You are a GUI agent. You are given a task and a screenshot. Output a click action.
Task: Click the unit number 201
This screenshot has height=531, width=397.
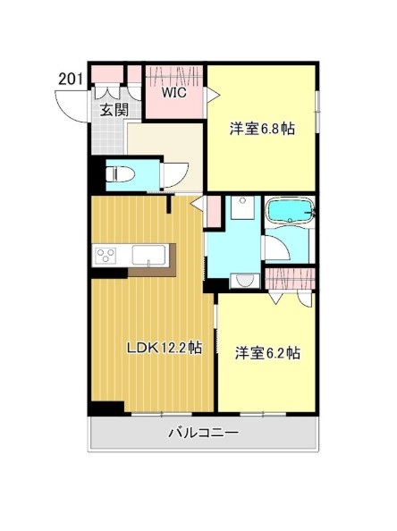tap(71, 79)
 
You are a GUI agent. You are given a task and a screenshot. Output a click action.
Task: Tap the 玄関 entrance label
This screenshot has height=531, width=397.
tap(112, 110)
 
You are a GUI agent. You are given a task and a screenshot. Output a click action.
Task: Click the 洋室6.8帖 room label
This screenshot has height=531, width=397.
tap(262, 129)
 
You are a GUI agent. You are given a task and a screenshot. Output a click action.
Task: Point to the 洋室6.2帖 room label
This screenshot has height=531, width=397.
tap(267, 352)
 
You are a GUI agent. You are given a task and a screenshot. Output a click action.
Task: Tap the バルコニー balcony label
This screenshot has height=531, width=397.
tap(203, 434)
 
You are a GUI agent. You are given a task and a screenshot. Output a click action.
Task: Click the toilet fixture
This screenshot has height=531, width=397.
tap(118, 173)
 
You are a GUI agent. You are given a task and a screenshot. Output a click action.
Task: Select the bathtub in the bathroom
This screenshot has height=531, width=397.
tap(290, 214)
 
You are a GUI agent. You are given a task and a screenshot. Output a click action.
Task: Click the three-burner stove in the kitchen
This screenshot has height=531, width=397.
tap(106, 257)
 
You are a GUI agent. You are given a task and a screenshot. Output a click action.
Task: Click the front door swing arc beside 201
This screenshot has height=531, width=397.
tap(70, 106)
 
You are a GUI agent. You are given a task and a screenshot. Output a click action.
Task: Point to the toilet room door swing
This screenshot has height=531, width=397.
tap(173, 173)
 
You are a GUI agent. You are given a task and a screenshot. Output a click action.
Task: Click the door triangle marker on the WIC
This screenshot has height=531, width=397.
tap(213, 93)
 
